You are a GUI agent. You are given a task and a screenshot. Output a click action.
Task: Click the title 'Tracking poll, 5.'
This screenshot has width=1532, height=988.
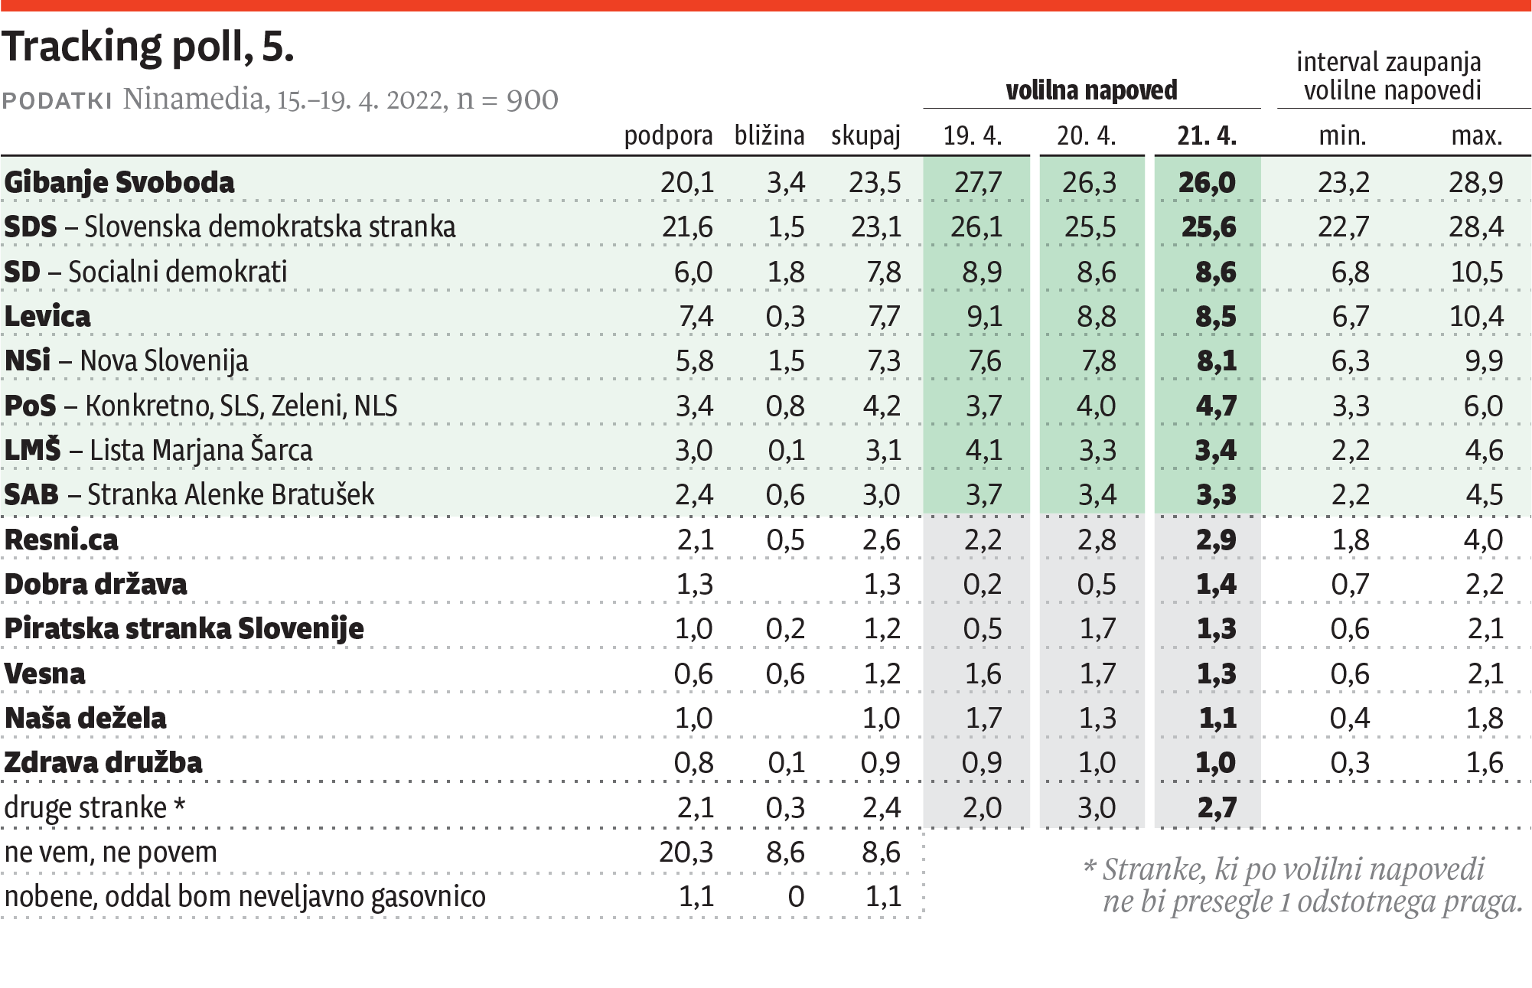tap(148, 47)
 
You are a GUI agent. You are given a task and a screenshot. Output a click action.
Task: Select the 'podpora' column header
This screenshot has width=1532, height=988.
tap(668, 135)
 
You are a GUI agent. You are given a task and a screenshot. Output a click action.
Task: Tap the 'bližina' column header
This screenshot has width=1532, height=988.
tap(769, 135)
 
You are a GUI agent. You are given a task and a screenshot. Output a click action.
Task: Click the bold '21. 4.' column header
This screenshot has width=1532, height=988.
tap(1206, 135)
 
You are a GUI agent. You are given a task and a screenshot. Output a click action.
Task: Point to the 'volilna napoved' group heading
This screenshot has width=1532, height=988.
tap(1091, 90)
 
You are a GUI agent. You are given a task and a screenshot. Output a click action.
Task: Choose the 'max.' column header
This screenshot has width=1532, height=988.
tap(1476, 135)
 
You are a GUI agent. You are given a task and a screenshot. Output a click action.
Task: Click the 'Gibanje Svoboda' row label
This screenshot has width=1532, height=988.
tap(119, 183)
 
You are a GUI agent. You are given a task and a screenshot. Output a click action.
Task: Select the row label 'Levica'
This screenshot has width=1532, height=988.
tap(47, 316)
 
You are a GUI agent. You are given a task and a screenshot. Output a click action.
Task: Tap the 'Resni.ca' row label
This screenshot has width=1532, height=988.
tap(61, 540)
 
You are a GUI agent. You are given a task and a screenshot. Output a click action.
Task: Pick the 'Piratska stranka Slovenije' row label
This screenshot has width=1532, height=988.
tap(184, 628)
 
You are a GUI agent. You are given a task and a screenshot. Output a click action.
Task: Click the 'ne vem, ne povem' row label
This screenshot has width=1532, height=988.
tap(111, 852)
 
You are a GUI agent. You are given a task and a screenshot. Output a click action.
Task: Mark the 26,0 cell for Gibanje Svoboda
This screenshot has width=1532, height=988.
tap(1206, 183)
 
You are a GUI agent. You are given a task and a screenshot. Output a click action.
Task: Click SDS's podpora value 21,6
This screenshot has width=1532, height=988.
tap(686, 227)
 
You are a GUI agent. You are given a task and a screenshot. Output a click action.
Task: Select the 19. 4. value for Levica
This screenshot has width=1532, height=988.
tap(983, 316)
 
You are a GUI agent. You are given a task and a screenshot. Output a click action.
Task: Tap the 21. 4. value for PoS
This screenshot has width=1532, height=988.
tap(1215, 406)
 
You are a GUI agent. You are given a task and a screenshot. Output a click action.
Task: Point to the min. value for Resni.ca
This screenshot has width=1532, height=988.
tap(1350, 540)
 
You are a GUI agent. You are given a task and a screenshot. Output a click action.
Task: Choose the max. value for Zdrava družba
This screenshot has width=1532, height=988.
tap(1484, 762)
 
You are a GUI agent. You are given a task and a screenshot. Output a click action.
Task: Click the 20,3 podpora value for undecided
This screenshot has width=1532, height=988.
tap(686, 852)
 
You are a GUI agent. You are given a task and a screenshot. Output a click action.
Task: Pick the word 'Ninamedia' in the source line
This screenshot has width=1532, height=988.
tap(193, 99)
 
